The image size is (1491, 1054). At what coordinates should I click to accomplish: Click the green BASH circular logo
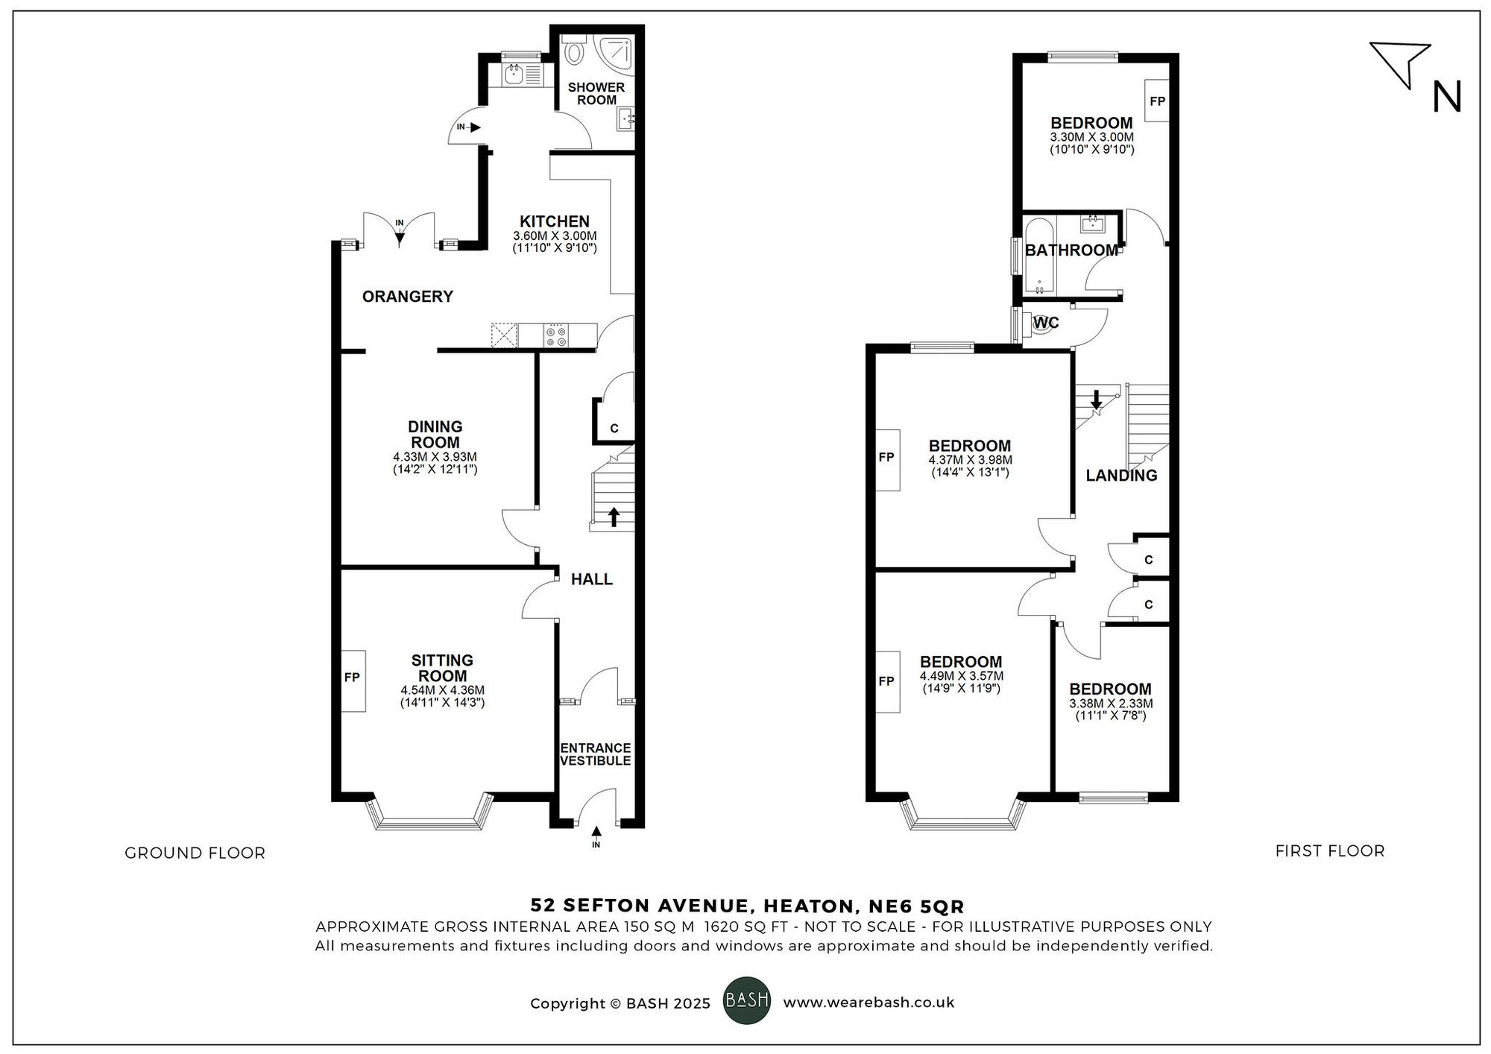pyautogui.click(x=747, y=1000)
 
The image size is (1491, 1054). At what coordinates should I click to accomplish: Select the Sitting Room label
pyautogui.click(x=442, y=668)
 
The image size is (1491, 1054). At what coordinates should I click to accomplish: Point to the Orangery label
pyautogui.click(x=407, y=297)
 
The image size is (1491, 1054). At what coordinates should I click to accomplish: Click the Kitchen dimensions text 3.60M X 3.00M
pyautogui.click(x=554, y=236)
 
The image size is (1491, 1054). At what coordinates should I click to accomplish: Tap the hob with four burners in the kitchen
pyautogui.click(x=556, y=336)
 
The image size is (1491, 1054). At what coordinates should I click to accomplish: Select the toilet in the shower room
pyautogui.click(x=575, y=53)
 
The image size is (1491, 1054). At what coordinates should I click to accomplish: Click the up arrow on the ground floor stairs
pyautogui.click(x=614, y=516)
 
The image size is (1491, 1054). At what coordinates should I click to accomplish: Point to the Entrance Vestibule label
pyautogui.click(x=595, y=754)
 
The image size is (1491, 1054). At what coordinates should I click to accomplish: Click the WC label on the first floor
pyautogui.click(x=1046, y=323)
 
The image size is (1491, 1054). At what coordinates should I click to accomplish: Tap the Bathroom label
pyautogui.click(x=1071, y=250)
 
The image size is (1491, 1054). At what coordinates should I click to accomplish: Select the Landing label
pyautogui.click(x=1121, y=476)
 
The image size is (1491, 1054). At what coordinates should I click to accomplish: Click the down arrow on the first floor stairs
pyautogui.click(x=1096, y=400)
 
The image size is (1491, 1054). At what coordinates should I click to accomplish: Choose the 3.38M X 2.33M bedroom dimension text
pyautogui.click(x=1111, y=704)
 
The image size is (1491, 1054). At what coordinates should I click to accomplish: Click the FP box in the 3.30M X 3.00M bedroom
pyautogui.click(x=1157, y=101)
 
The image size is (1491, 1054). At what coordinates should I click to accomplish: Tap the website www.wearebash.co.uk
pyautogui.click(x=869, y=1003)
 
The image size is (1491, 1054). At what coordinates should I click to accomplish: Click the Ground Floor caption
pyautogui.click(x=195, y=853)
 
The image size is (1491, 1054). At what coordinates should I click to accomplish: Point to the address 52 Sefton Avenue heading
pyautogui.click(x=747, y=906)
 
